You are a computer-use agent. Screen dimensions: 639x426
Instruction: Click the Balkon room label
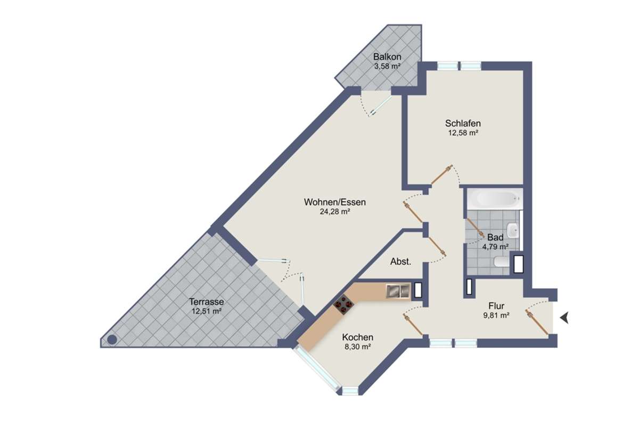tap(387, 57)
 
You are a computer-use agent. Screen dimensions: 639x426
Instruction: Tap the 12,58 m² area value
tap(463, 133)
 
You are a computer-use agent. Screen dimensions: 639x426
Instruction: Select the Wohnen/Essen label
tap(335, 202)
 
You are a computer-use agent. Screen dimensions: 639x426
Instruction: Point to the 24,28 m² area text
tap(335, 211)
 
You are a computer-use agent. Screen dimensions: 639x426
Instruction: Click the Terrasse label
tap(207, 301)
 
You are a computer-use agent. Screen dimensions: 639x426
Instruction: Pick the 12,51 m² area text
tap(207, 311)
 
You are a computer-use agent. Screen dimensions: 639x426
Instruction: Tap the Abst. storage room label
tap(401, 261)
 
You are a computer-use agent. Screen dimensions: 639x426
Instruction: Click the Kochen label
tap(358, 337)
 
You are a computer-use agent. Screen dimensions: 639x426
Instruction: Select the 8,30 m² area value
tap(358, 347)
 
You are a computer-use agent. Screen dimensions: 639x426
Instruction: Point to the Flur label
tap(496, 306)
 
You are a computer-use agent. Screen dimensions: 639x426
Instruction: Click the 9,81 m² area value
tap(496, 315)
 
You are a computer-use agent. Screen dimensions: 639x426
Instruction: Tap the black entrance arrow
tap(564, 318)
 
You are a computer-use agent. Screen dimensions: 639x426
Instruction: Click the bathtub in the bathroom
tap(495, 199)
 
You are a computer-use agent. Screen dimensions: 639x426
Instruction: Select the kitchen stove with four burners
tap(344, 305)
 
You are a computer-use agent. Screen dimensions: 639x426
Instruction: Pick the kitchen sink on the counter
tap(398, 291)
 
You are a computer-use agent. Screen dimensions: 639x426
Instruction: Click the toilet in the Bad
tap(502, 261)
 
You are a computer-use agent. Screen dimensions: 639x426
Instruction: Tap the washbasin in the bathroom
tap(513, 230)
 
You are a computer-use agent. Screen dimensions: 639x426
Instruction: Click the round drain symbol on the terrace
tap(112, 340)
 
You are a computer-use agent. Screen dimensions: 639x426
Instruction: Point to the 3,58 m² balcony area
tap(387, 66)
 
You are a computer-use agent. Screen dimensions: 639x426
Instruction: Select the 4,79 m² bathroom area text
tap(495, 247)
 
